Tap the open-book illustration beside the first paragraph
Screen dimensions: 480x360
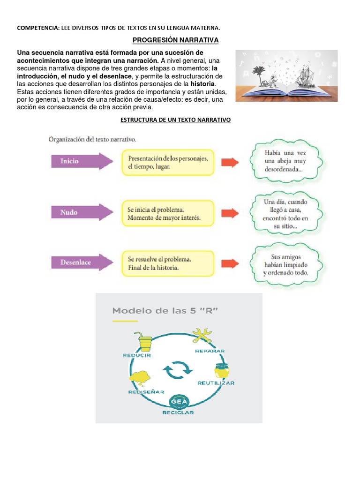click(286, 75)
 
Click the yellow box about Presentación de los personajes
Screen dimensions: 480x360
click(167, 162)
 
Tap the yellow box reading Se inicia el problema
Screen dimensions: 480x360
click(167, 213)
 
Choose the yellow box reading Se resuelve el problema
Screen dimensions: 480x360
click(167, 263)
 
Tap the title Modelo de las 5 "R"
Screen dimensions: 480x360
click(165, 311)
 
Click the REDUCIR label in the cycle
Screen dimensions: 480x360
click(137, 355)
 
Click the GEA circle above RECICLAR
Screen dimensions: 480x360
click(179, 402)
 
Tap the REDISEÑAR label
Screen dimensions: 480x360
click(146, 391)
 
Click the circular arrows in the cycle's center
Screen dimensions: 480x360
click(178, 370)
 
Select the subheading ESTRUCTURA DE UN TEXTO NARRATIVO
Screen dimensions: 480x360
click(176, 120)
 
